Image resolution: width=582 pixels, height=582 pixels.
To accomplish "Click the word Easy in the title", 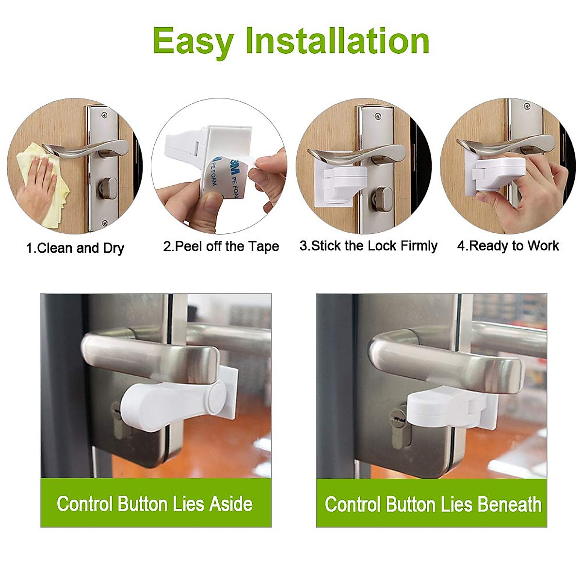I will pos(193,41).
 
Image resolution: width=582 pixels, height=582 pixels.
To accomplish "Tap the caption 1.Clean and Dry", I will pos(75,248).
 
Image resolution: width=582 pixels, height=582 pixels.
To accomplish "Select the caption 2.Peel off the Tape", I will pos(221,246).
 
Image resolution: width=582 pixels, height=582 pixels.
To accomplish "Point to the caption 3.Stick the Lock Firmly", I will pos(368,246).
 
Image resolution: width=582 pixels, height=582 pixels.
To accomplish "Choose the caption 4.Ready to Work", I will pos(508,246).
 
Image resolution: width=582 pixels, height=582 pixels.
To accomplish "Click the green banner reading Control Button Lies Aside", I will pos(155,503).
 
